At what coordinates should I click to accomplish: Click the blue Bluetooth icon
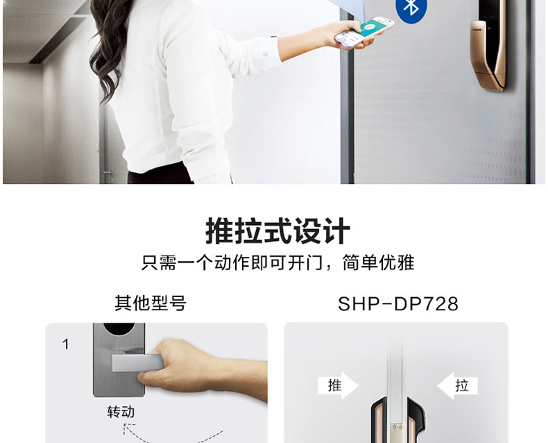(412, 8)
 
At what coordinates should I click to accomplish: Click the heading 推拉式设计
(277, 231)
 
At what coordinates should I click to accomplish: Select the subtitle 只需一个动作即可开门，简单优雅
(277, 262)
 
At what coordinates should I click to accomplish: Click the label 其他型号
(151, 303)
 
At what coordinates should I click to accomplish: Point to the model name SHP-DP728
(398, 303)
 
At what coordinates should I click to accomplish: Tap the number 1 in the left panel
(65, 344)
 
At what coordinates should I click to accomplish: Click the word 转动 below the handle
(121, 412)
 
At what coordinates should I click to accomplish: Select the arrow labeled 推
(338, 385)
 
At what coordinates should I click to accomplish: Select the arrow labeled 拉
(457, 385)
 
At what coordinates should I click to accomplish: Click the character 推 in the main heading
(219, 231)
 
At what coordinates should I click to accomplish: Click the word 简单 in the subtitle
(360, 262)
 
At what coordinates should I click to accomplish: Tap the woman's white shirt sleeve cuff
(259, 56)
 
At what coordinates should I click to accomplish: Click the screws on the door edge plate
(396, 427)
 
